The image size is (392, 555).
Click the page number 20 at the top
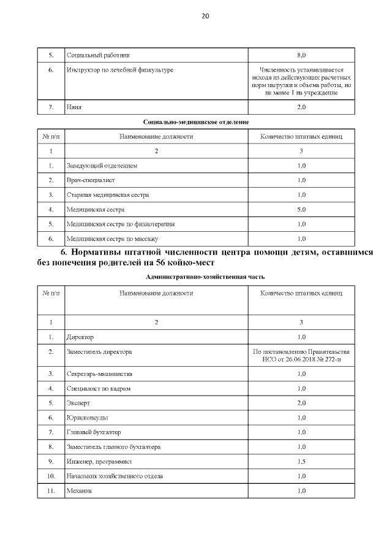205,17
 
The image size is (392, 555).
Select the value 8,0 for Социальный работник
301,55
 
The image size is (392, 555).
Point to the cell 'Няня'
74,107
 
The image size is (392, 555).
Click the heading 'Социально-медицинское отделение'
196,122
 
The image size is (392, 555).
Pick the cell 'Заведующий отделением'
102,166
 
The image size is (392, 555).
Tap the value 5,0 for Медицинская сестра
301,210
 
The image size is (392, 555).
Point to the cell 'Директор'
80,337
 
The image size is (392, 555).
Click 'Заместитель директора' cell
99,351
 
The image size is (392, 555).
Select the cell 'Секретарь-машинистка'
99,373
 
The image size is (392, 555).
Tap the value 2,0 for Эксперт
301,403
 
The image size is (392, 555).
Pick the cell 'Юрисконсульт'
87,418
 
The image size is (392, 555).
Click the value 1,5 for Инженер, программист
301,462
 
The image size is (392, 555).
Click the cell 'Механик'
78,491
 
